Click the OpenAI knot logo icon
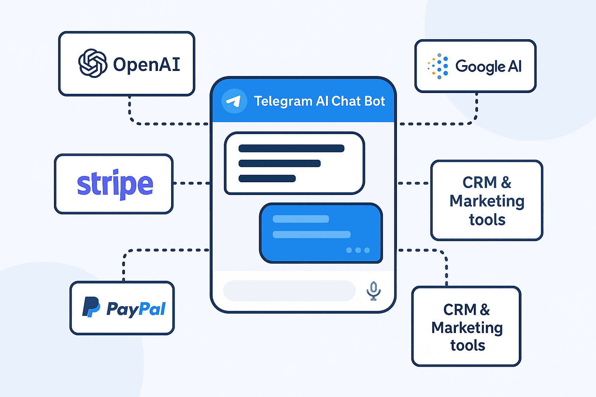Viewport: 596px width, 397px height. click(93, 63)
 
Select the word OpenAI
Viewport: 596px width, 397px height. click(147, 64)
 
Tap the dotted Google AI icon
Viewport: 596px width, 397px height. click(438, 66)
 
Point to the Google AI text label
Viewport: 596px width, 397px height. click(489, 67)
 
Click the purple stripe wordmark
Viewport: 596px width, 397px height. click(115, 184)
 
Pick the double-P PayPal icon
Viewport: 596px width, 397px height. click(91, 307)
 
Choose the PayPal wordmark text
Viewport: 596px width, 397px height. click(136, 309)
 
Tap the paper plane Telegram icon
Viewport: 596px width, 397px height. click(234, 101)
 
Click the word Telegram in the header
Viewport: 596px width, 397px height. click(283, 101)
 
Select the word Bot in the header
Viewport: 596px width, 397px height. click(375, 101)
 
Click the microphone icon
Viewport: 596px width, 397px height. click(374, 291)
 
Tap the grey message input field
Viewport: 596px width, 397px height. click(289, 291)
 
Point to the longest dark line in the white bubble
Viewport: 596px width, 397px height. click(291, 148)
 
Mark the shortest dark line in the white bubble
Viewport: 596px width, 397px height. click(267, 178)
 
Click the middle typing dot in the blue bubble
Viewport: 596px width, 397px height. click(358, 250)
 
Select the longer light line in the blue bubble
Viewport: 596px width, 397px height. click(312, 235)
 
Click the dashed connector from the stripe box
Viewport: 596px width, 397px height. click(191, 183)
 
